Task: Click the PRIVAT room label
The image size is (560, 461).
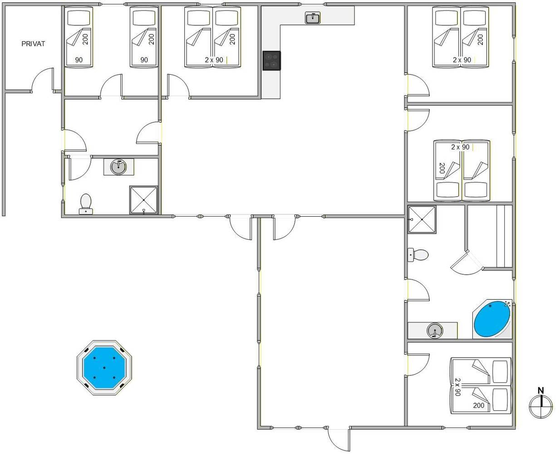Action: coord(33,44)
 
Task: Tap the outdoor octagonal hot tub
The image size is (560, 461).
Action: coord(104,368)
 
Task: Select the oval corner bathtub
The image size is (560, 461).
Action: coord(492,319)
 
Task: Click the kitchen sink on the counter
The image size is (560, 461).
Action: coord(313,18)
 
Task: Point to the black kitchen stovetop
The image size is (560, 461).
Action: coord(271,61)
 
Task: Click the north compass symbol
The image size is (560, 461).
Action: coord(540,406)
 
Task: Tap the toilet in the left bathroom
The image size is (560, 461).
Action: coord(86,204)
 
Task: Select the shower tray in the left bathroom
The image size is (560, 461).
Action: coord(143,200)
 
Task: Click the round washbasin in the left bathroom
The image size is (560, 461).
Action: coord(118,167)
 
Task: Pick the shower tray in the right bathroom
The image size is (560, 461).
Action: coord(422,219)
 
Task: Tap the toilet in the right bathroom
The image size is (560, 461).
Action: coord(418,255)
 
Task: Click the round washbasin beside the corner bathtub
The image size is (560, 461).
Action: coord(435,331)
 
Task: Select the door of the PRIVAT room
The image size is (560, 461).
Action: coord(43,80)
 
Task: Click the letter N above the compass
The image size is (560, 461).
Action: coord(541,391)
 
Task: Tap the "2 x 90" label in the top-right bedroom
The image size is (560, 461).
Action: coord(462,60)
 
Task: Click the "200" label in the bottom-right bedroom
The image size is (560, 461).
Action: coord(479,405)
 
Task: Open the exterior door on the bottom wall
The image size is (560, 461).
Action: coord(339,439)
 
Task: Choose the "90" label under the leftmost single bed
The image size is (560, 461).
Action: coord(79,60)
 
